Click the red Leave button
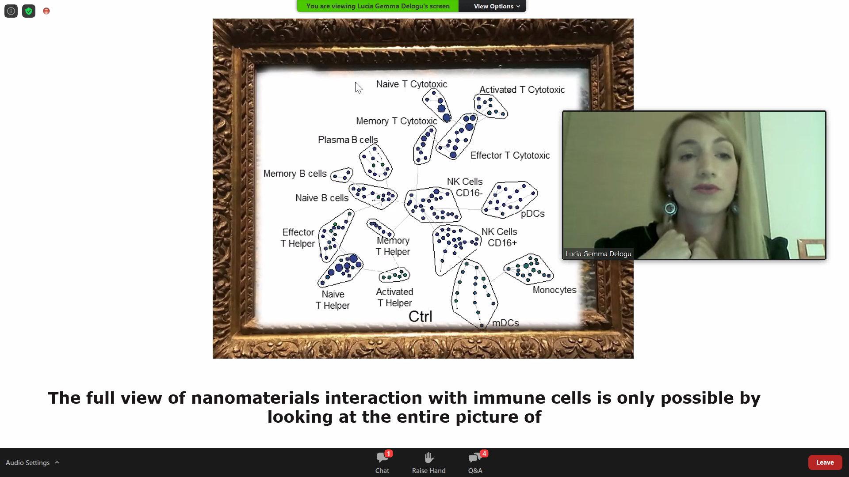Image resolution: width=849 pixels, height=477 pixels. [x=825, y=462]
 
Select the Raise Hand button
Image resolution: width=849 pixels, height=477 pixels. [x=429, y=462]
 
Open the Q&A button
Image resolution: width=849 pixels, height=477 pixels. [x=475, y=462]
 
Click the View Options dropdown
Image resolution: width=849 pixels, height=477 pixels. [x=497, y=6]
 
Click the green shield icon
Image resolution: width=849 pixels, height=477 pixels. [x=29, y=11]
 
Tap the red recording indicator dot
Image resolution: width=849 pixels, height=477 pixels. [x=46, y=11]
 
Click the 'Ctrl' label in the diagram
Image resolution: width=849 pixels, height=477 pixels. [x=421, y=317]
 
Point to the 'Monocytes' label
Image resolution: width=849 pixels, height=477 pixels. [x=555, y=290]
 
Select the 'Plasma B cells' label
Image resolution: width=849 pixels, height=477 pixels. [x=348, y=140]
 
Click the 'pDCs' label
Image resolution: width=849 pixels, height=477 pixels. [x=533, y=214]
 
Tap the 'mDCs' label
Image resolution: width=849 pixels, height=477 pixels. [x=505, y=323]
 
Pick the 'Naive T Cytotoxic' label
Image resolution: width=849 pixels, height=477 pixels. [x=412, y=84]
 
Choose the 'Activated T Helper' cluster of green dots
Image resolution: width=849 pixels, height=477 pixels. [x=394, y=276]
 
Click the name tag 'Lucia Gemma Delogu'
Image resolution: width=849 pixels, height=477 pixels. [x=598, y=254]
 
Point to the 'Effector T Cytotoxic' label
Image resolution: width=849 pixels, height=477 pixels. [x=510, y=155]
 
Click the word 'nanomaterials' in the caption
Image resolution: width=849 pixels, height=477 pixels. [x=255, y=398]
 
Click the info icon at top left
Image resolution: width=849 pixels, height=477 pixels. [x=11, y=11]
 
